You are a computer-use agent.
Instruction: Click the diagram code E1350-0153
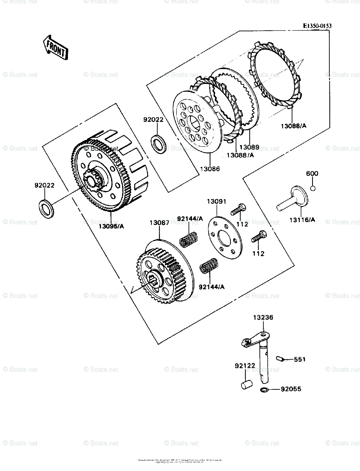pos(317,26)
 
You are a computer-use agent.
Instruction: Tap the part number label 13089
pos(249,147)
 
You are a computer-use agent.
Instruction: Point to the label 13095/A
pos(111,226)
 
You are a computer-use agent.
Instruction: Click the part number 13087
pos(159,223)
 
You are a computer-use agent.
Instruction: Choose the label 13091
pos(217,202)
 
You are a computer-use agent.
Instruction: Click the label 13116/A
pos(303,219)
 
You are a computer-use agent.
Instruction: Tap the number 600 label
pos(312,173)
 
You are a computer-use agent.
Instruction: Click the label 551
pos(299,359)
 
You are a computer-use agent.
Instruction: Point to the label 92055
pos(291,389)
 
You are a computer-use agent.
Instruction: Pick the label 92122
pos(245,366)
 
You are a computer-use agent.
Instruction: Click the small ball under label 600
pos(312,188)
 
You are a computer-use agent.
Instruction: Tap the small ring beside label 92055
pos(264,389)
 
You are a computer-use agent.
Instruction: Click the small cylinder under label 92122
pos(246,383)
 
